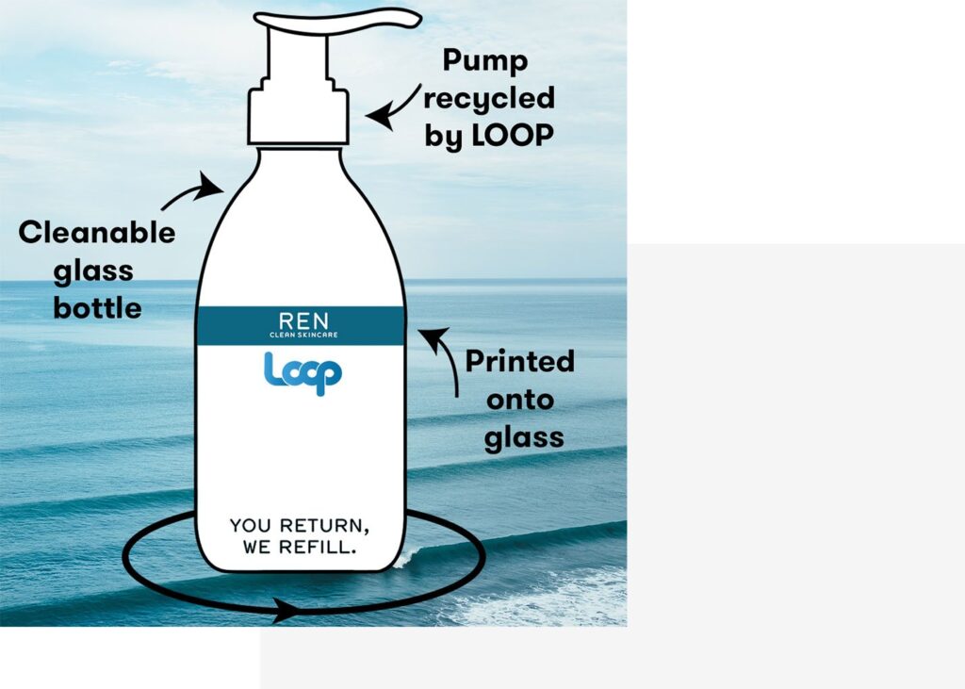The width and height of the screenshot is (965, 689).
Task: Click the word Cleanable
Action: coord(97,233)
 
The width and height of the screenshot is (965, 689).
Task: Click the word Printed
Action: coord(519,362)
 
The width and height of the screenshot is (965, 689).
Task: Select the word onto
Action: coord(519,400)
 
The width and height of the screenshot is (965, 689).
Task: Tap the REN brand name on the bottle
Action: coord(300,319)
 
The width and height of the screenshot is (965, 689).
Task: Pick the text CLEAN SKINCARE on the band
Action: coord(301,335)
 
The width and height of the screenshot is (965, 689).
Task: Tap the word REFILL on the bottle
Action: coord(319,547)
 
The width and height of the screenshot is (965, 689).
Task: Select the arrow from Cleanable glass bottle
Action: coord(193,193)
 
